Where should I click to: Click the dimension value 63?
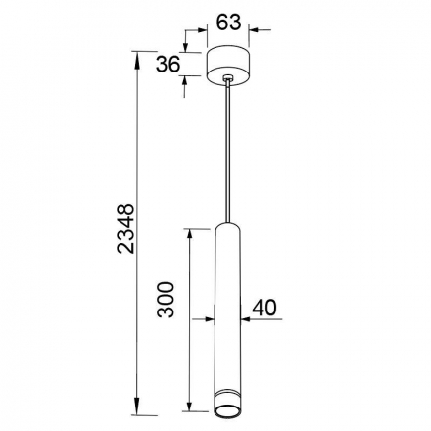click(x=229, y=23)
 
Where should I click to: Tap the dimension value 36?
click(x=168, y=64)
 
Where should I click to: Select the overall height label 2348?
click(x=125, y=228)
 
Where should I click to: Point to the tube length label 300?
click(x=166, y=300)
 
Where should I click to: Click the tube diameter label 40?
click(x=264, y=308)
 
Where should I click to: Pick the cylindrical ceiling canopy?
click(x=228, y=67)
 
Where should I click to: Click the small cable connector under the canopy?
click(x=228, y=78)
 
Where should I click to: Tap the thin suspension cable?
click(x=228, y=152)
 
